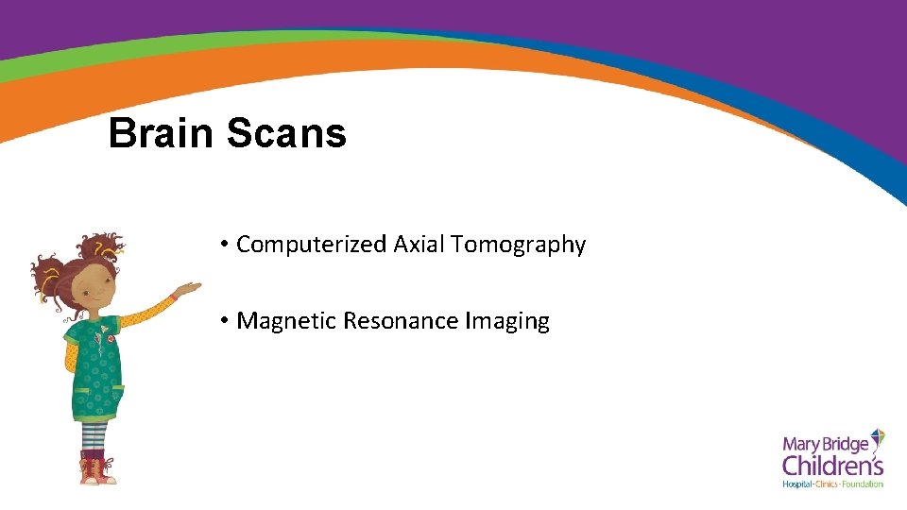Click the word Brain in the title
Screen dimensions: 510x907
(x=161, y=133)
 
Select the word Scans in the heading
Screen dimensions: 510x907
(x=286, y=133)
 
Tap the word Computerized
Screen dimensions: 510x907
(x=311, y=245)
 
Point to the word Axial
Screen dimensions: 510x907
(x=419, y=245)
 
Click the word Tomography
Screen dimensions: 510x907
(x=519, y=246)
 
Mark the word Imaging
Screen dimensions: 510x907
(x=507, y=322)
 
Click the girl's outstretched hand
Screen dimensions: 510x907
(x=189, y=288)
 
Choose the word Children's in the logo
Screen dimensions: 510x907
(x=832, y=465)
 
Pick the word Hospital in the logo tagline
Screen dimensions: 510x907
(x=800, y=484)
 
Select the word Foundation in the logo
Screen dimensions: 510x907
(x=864, y=484)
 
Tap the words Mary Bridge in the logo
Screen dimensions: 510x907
(x=825, y=443)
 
